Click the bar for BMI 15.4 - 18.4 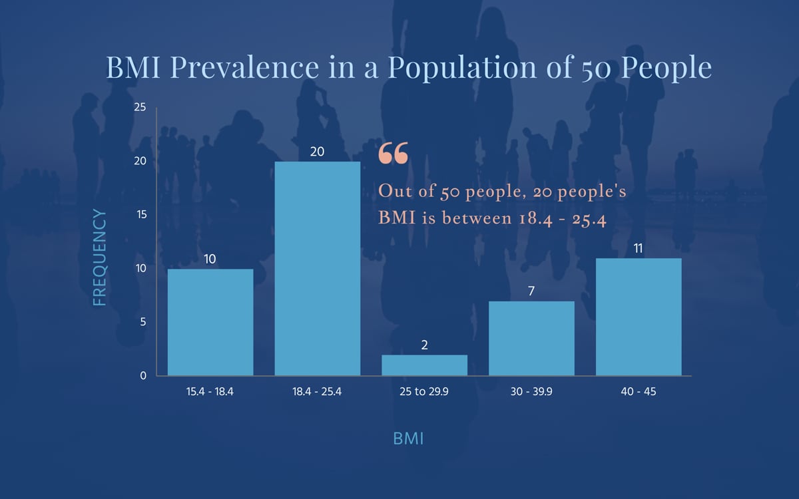210,322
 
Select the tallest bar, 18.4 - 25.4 318,269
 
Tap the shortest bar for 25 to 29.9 424,365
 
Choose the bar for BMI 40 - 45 639,317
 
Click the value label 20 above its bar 318,152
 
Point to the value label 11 639,248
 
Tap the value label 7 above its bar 531,291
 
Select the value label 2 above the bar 424,345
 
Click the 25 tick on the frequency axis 140,107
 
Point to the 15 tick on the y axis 140,215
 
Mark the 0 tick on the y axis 142,376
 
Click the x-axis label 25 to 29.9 424,392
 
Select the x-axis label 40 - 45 639,392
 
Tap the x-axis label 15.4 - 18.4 210,392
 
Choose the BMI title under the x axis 409,438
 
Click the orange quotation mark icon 393,154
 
